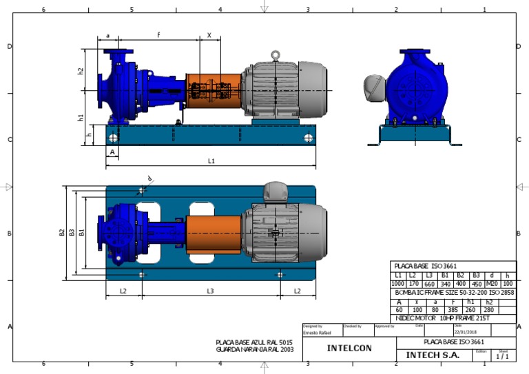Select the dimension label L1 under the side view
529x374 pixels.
tap(211, 161)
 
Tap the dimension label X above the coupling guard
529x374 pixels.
tap(209, 35)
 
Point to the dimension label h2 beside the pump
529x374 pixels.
tap(81, 70)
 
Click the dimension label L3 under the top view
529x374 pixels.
tap(210, 291)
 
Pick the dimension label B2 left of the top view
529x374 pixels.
tap(61, 233)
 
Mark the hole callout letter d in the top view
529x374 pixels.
tap(149, 178)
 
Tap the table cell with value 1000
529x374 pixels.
tap(398, 284)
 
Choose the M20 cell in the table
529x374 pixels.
tap(491, 284)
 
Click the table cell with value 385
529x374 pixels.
tap(453, 310)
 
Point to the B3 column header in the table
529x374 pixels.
tap(475, 275)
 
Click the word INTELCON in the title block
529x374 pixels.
tap(349, 349)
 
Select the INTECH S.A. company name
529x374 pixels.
tap(432, 355)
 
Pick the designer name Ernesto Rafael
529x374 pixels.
tap(318, 332)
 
